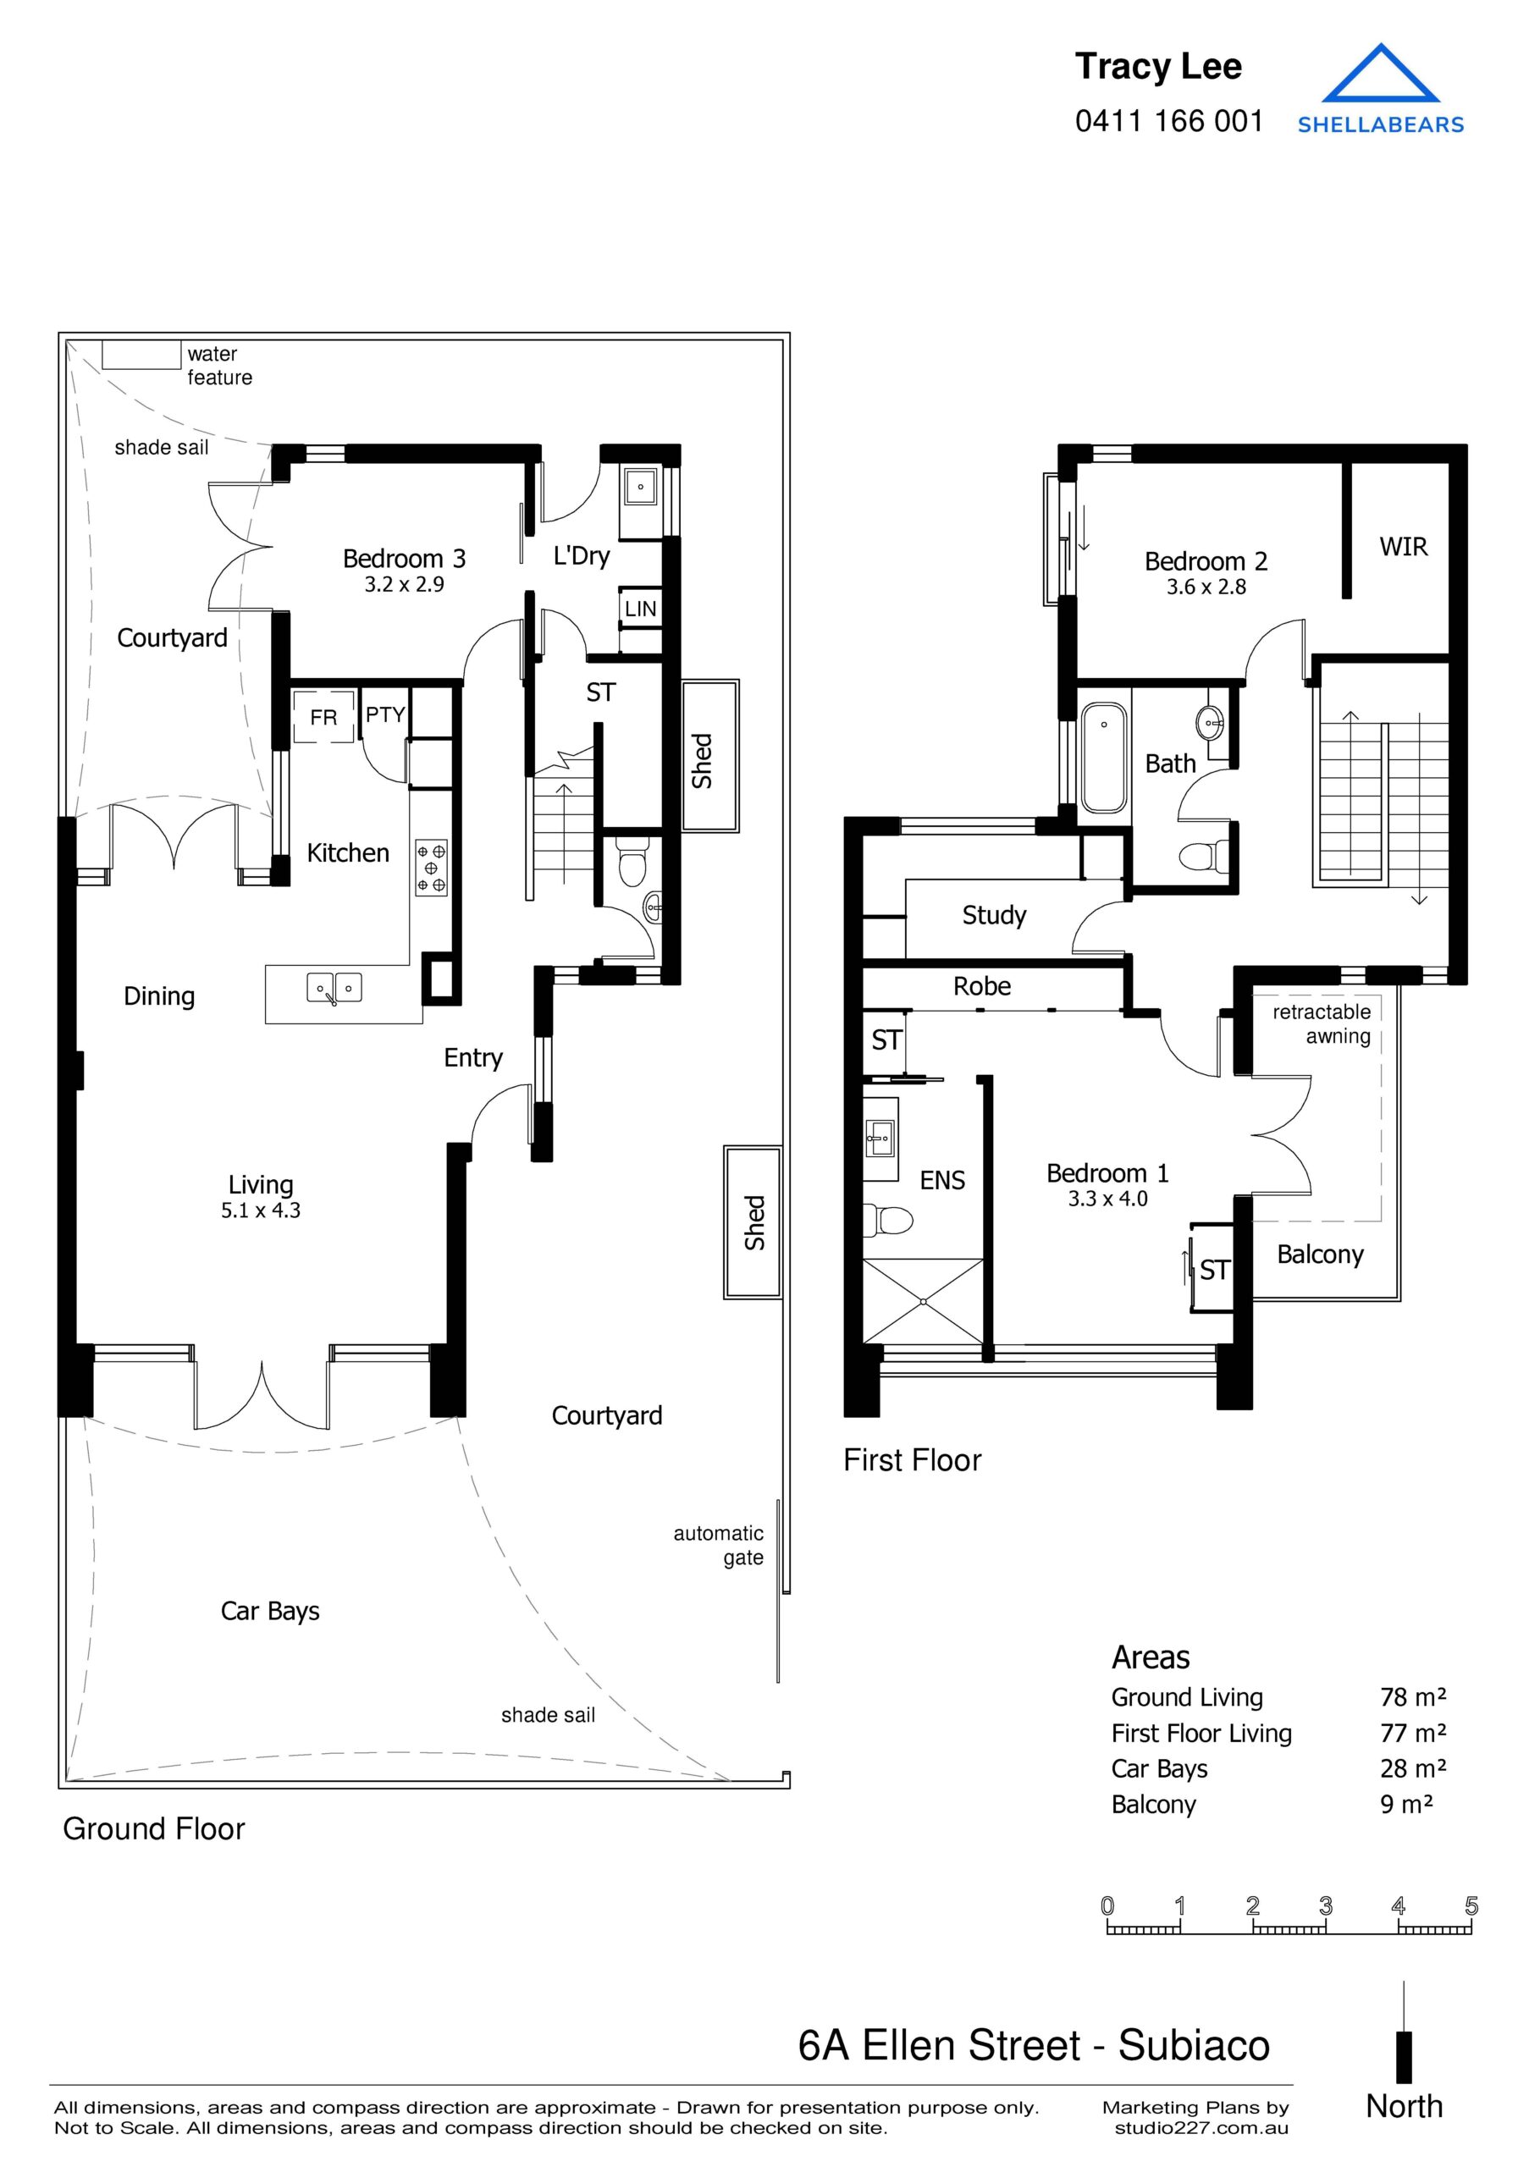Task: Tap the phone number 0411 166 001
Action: [1168, 121]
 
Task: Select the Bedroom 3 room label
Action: [404, 559]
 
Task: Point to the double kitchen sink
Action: [334, 988]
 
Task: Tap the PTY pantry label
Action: [385, 714]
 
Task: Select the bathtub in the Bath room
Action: [1103, 757]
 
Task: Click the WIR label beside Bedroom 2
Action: [1403, 547]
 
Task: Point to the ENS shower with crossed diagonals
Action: [923, 1300]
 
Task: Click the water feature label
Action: [219, 365]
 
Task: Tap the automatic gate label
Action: [718, 1545]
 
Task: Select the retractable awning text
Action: [1322, 1024]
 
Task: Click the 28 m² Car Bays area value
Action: [1412, 1767]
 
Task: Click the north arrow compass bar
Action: [1404, 2057]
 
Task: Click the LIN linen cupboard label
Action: [640, 609]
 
